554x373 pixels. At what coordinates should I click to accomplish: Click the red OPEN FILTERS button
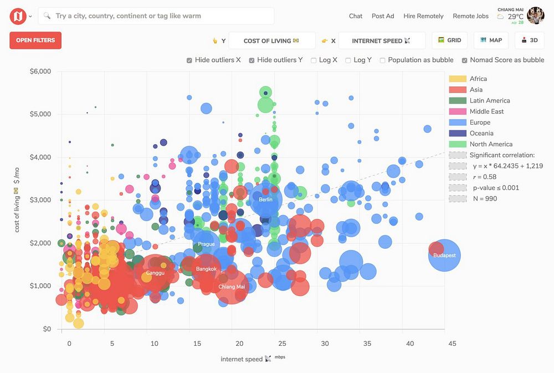(35, 40)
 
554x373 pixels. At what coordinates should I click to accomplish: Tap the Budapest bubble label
(444, 256)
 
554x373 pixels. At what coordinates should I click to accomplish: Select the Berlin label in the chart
(265, 200)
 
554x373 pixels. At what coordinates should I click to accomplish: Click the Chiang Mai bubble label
(232, 287)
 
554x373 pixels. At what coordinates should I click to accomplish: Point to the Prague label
(206, 244)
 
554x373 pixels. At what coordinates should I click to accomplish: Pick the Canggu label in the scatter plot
(155, 273)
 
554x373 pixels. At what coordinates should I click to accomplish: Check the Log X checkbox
(314, 60)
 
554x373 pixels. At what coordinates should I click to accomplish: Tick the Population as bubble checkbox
(383, 60)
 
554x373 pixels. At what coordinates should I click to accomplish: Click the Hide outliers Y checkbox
(252, 60)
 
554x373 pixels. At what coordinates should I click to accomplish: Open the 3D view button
(529, 40)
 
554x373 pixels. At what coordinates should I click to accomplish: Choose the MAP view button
(491, 40)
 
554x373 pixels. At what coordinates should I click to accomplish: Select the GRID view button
(449, 40)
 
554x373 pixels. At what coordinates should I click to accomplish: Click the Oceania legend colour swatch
(457, 134)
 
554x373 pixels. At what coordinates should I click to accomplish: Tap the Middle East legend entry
(486, 111)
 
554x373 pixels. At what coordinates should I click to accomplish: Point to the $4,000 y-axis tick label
(40, 157)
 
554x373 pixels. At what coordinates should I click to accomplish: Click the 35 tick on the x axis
(367, 344)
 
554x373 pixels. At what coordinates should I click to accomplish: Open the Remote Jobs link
(470, 16)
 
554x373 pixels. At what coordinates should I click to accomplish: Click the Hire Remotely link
(423, 16)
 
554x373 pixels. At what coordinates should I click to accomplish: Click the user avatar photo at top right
(535, 16)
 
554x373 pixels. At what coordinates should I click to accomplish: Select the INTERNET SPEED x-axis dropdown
(382, 40)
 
